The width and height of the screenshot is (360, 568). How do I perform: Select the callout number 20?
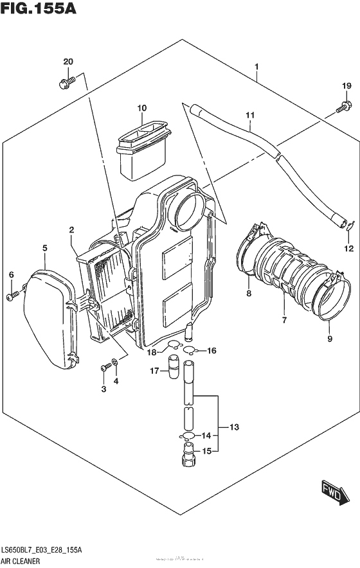[x=68, y=62]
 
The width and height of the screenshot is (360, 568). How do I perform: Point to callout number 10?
[x=141, y=108]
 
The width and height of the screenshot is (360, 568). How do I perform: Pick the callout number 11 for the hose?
[x=249, y=115]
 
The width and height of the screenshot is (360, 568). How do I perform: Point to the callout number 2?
[x=72, y=230]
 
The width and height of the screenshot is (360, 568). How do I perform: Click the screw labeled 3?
[x=104, y=368]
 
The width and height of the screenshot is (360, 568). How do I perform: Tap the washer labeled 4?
[x=114, y=364]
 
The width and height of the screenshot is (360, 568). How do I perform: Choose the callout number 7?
[x=282, y=319]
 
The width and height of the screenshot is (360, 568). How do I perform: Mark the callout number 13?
[x=233, y=427]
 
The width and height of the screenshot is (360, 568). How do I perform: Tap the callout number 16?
[x=212, y=350]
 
